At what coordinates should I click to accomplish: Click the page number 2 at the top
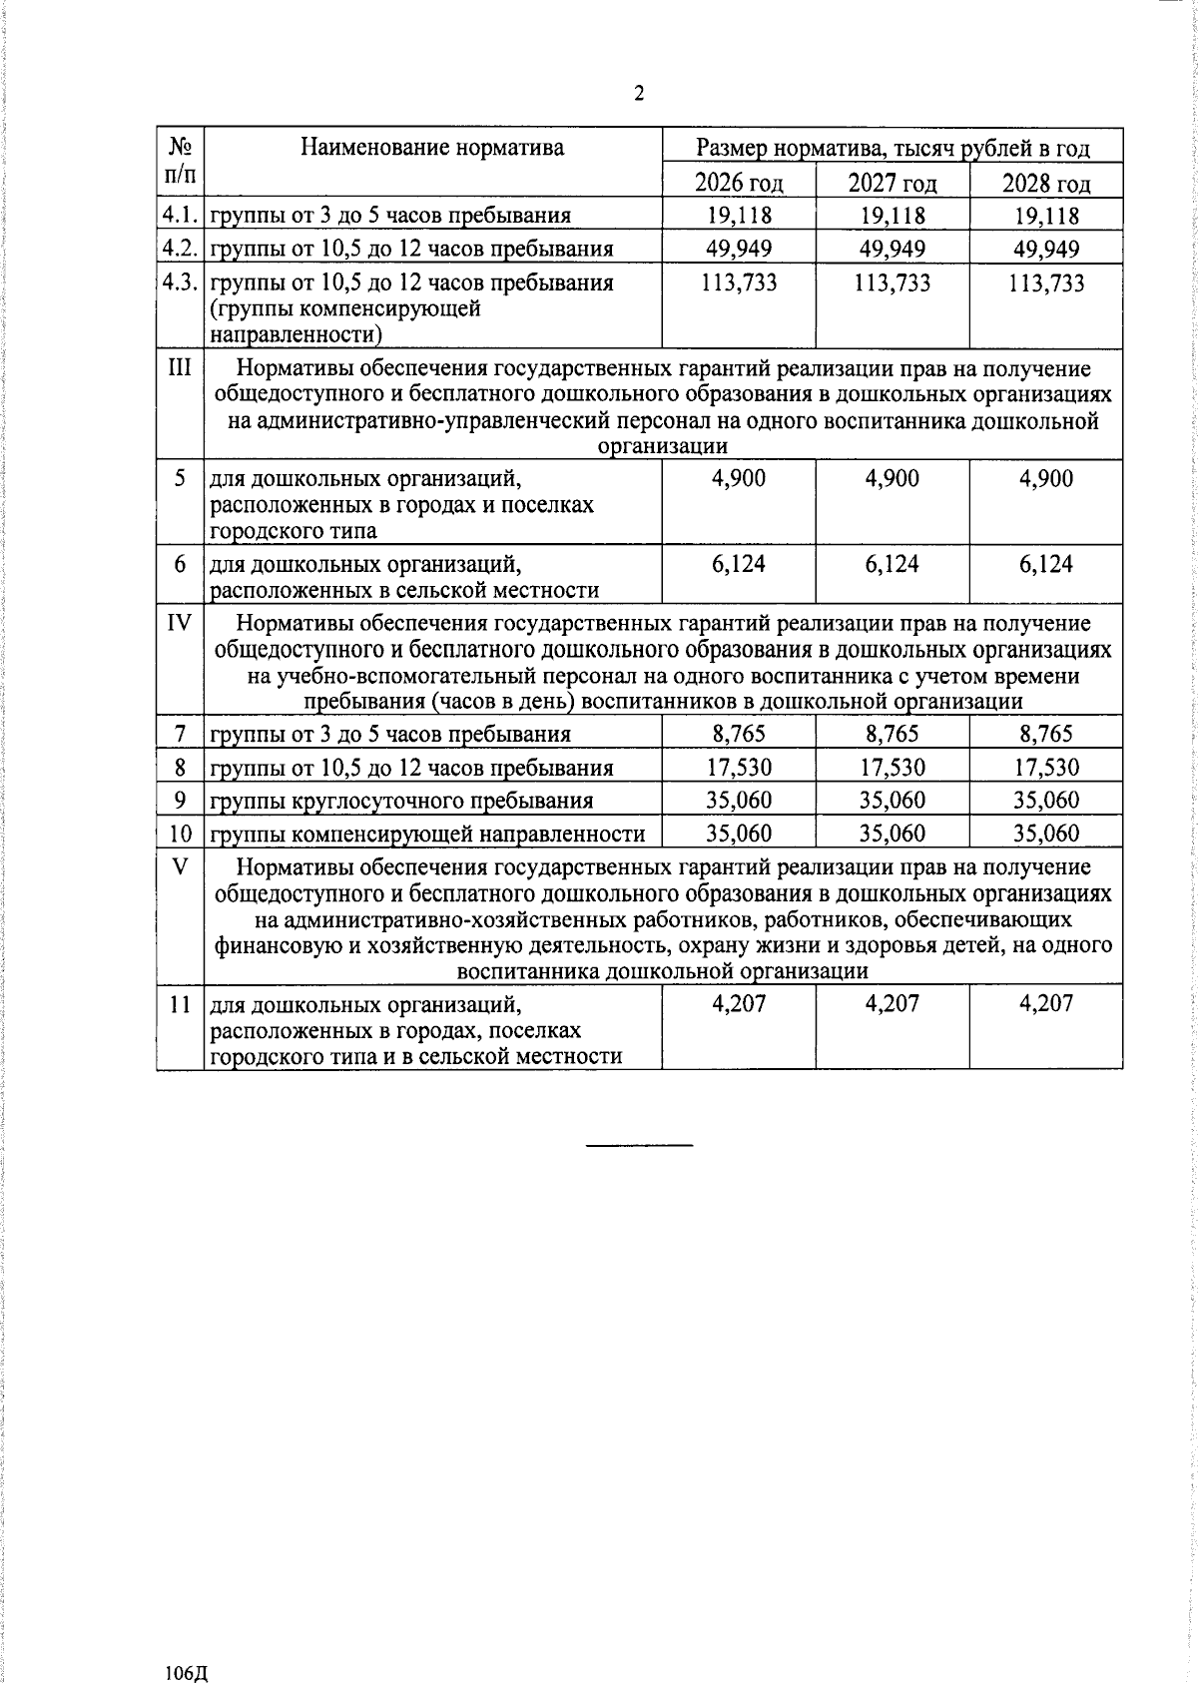click(639, 94)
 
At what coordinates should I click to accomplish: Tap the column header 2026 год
click(739, 184)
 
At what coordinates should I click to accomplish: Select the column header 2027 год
click(893, 184)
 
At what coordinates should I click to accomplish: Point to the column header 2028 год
click(1046, 184)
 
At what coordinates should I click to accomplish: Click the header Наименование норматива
click(432, 149)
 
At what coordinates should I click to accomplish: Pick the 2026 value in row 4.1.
click(739, 216)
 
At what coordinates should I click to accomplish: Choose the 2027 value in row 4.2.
click(893, 249)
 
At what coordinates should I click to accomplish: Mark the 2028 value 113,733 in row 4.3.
click(1046, 282)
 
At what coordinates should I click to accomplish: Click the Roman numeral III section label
click(180, 368)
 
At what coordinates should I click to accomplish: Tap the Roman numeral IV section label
click(180, 624)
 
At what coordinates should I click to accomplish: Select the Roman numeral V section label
click(180, 866)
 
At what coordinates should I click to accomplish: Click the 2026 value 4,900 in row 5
click(739, 478)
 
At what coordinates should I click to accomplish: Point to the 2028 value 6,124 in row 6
click(1046, 564)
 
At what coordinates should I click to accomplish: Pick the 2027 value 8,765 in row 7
click(893, 735)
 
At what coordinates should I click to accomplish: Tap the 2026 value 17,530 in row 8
click(739, 768)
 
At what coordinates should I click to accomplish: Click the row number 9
click(180, 801)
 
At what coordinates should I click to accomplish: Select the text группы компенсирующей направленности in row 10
click(427, 834)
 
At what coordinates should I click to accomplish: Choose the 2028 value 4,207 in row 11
click(1046, 1003)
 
